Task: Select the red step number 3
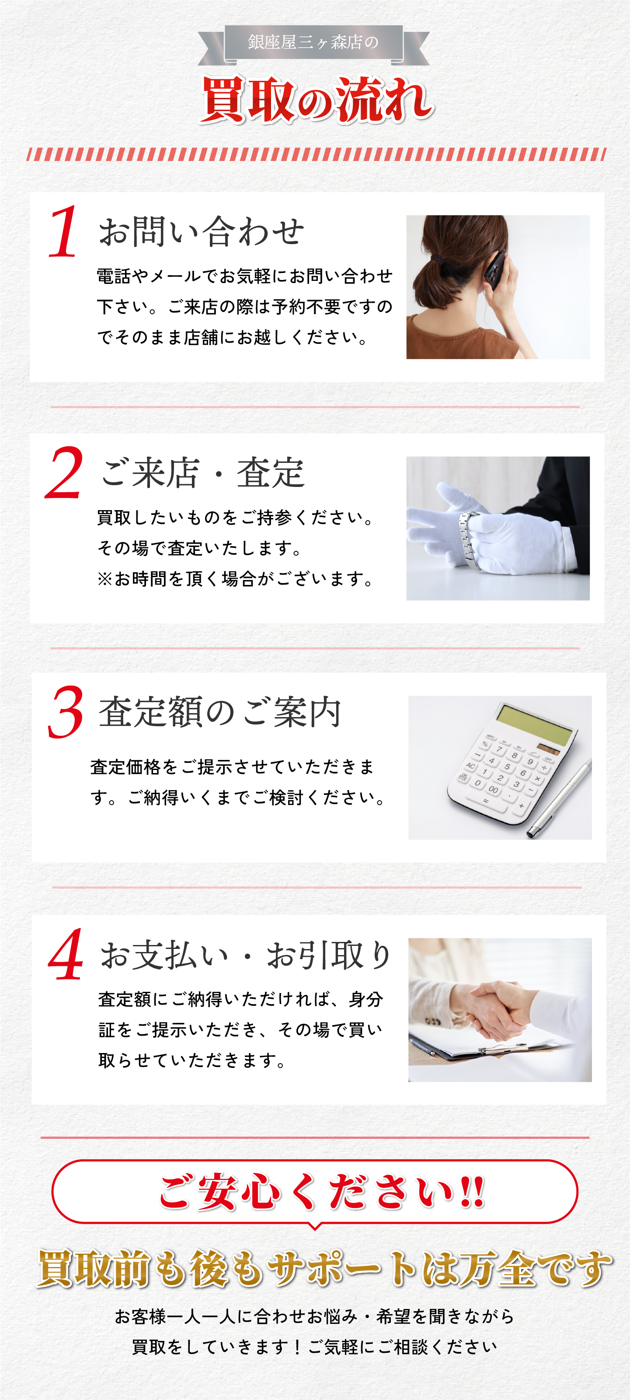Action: click(x=66, y=711)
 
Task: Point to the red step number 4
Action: click(x=66, y=954)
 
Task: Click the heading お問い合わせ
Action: click(x=201, y=231)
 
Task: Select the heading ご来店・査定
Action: click(x=202, y=472)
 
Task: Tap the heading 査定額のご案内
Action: click(x=220, y=711)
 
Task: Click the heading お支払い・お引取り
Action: click(x=245, y=955)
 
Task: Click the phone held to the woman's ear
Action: click(x=495, y=271)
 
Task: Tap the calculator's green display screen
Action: click(x=534, y=723)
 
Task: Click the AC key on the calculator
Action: click(x=470, y=766)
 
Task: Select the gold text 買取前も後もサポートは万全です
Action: click(x=324, y=1269)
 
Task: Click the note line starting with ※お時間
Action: click(x=236, y=579)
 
